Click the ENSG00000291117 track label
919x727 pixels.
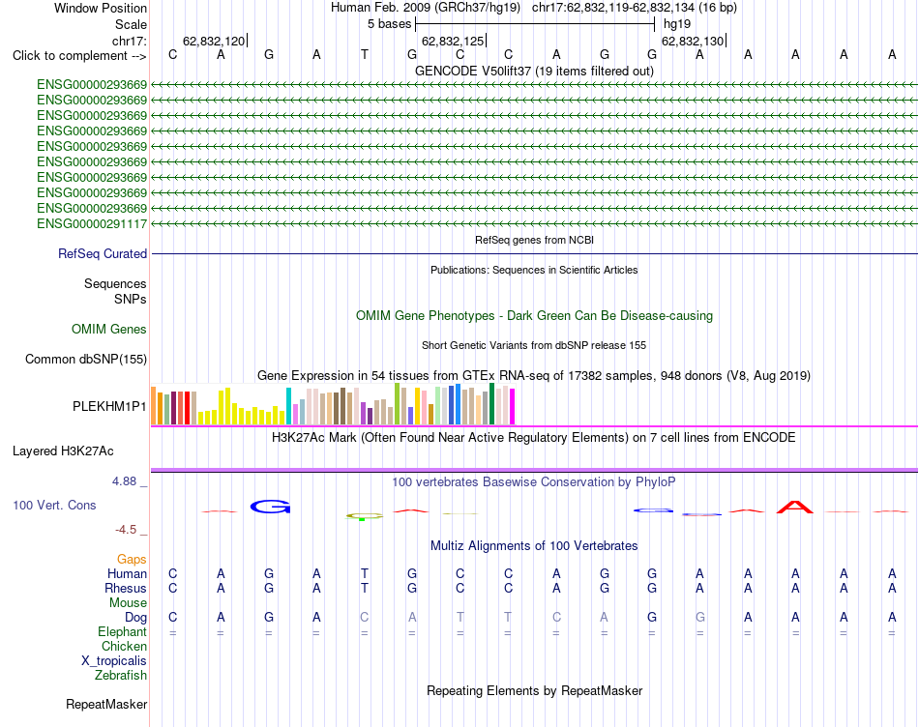tap(92, 223)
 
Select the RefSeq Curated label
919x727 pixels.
tap(103, 253)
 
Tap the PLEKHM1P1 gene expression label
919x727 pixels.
tap(109, 406)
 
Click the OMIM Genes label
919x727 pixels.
tap(109, 330)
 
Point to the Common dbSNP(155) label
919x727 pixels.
tap(86, 359)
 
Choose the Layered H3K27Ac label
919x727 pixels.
tap(63, 451)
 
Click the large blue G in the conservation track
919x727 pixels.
tap(270, 507)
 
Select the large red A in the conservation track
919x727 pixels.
tap(795, 507)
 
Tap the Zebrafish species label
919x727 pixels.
tap(121, 676)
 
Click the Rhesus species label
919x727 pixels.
tap(126, 588)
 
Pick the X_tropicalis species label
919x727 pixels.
tap(114, 661)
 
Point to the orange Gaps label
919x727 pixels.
tap(132, 560)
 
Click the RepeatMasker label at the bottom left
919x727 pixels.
tap(106, 704)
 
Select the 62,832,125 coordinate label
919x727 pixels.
tap(453, 41)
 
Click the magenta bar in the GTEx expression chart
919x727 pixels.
tap(512, 406)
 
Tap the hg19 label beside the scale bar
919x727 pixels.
tap(677, 24)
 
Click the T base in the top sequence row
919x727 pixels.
tap(365, 54)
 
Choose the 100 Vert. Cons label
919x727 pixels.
tap(54, 505)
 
